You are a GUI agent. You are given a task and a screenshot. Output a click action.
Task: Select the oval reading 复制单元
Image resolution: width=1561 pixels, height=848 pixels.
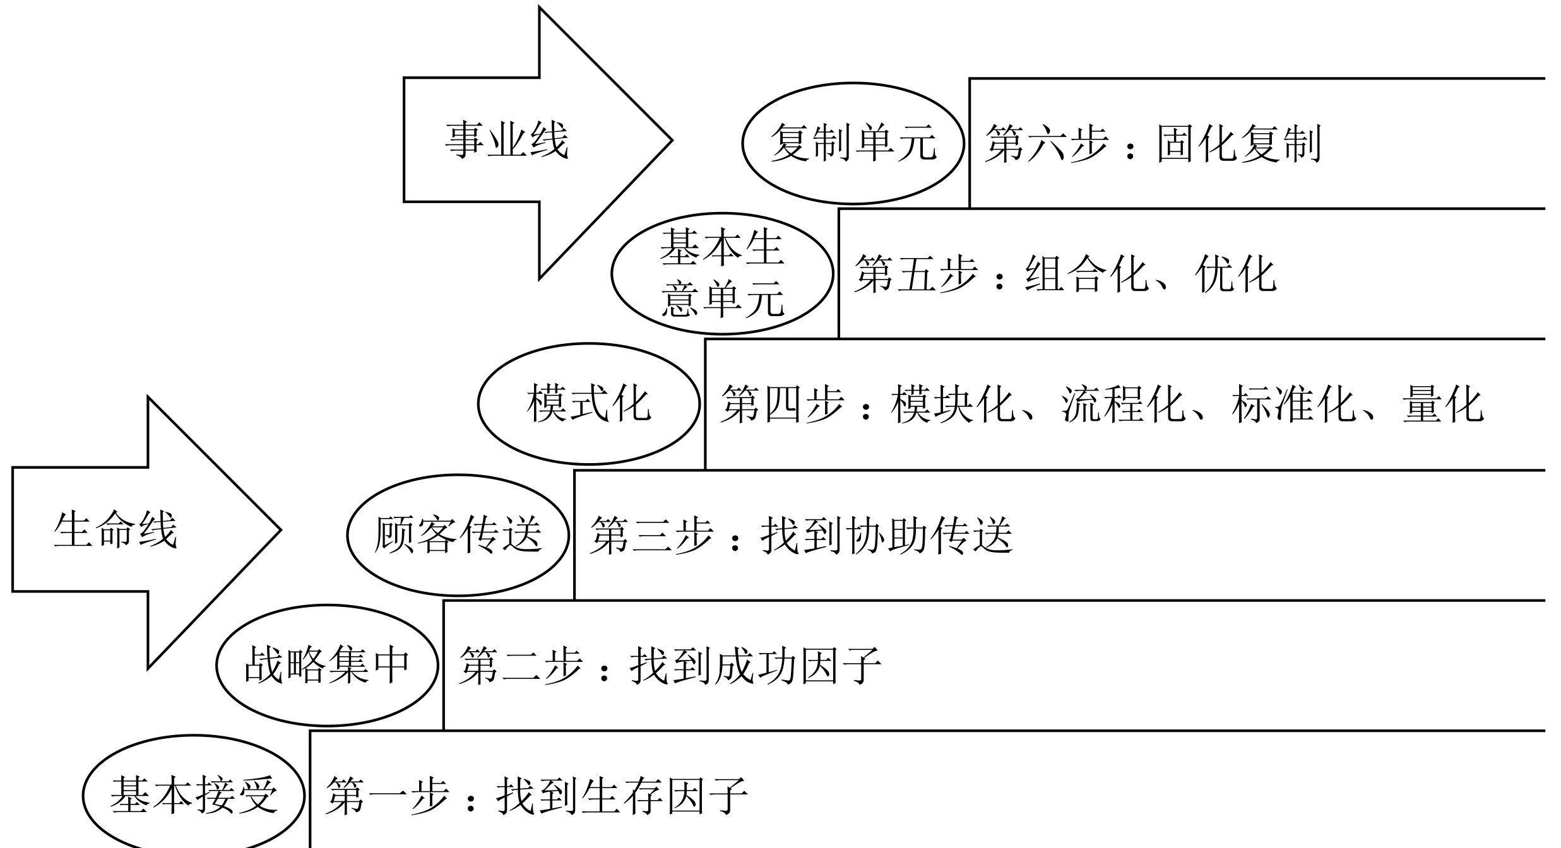[853, 143]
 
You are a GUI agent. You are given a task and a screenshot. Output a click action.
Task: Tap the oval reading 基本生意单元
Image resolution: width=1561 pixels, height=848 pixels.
[722, 273]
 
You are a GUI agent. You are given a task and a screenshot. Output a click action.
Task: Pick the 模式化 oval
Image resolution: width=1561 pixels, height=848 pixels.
[588, 404]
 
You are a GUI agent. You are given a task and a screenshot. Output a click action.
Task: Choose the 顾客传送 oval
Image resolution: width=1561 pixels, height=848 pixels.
[458, 534]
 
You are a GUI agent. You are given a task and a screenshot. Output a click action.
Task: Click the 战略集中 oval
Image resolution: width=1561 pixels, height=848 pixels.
[327, 665]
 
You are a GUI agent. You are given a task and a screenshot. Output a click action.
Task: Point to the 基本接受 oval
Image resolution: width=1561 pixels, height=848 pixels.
[194, 795]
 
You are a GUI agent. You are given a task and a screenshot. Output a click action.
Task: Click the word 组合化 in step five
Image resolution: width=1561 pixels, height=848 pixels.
[1086, 274]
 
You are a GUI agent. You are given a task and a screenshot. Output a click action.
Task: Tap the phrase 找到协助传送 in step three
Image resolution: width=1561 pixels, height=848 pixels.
[886, 536]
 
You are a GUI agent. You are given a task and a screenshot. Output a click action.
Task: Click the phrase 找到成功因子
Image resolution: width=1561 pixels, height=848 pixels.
[756, 666]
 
